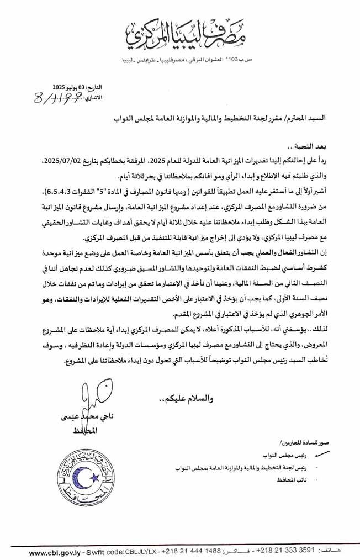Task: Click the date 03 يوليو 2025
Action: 67,87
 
